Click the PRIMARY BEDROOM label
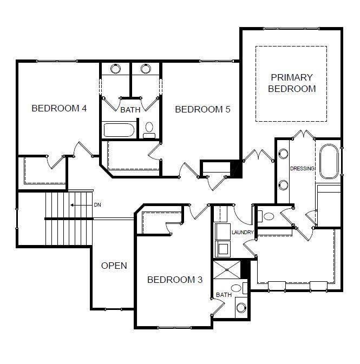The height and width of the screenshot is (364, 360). [x=292, y=83]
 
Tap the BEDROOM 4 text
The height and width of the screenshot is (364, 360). [x=59, y=108]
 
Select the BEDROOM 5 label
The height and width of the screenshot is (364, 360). [x=202, y=109]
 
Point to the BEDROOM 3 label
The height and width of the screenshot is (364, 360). [x=175, y=280]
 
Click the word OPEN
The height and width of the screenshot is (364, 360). [x=114, y=266]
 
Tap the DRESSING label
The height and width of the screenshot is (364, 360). [x=302, y=169]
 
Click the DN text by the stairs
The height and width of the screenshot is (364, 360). [x=97, y=205]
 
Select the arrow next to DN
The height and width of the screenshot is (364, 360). [x=81, y=205]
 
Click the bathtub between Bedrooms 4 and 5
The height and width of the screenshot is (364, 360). [x=119, y=130]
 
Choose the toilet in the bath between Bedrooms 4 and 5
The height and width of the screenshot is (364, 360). [x=149, y=130]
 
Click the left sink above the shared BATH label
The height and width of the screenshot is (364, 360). [x=116, y=69]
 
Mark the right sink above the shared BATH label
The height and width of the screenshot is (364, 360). [x=146, y=69]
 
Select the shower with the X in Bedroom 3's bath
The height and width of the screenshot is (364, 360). [x=227, y=270]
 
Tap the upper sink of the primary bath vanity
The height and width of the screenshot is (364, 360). [x=283, y=154]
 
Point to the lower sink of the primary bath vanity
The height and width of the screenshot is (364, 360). [x=283, y=184]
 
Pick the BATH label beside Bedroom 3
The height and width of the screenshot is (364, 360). [x=224, y=295]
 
